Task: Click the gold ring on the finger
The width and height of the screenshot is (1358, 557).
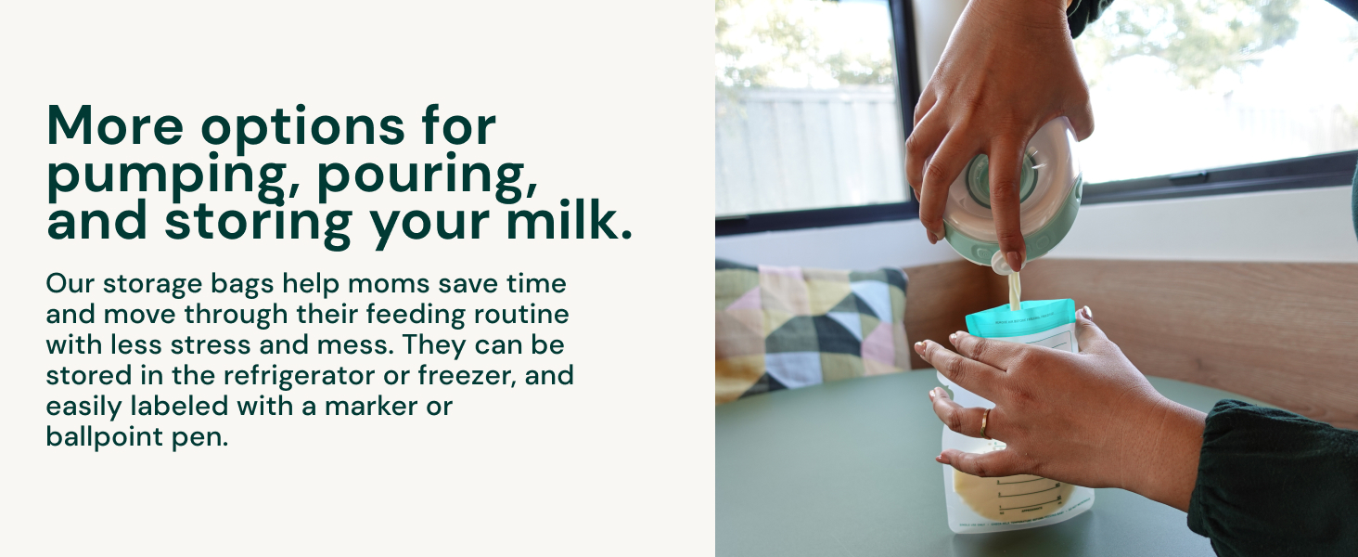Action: [x=985, y=424]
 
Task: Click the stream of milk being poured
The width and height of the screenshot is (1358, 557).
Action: [x=1015, y=289]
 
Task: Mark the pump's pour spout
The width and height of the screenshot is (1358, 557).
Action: [x=1003, y=265]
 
